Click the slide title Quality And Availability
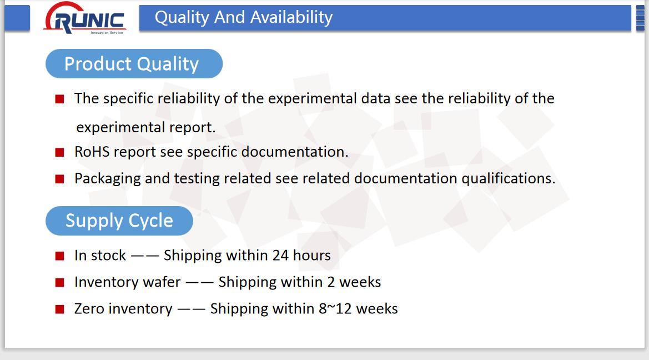click(x=243, y=17)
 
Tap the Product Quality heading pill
click(x=134, y=64)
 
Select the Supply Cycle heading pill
click(x=119, y=221)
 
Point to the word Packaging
click(x=107, y=179)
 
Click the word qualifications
click(x=509, y=178)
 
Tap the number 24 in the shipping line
click(x=280, y=255)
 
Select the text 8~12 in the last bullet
click(x=335, y=309)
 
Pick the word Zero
click(x=89, y=309)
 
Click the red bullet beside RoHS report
click(x=59, y=152)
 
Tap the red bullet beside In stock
click(x=59, y=256)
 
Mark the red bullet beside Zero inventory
click(x=59, y=309)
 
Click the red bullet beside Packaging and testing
click(x=59, y=179)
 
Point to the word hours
click(x=311, y=255)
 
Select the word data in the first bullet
click(x=376, y=98)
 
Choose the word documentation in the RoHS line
click(x=295, y=152)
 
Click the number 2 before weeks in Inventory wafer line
click(x=331, y=282)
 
